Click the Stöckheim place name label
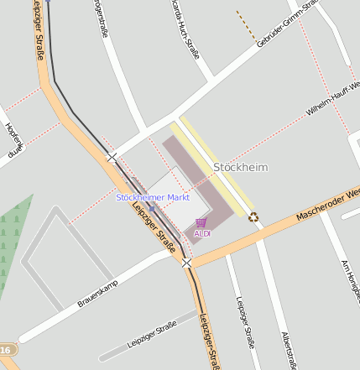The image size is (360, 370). click(241, 167)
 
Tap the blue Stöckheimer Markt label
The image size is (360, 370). click(153, 197)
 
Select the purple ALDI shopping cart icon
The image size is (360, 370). click(201, 223)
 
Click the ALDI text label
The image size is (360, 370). click(202, 233)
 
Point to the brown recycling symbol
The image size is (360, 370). click(253, 217)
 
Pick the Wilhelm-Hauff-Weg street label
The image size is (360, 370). click(332, 99)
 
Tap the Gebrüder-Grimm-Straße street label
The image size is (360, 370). click(287, 23)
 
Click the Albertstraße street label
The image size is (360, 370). click(289, 349)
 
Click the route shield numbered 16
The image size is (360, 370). click(7, 349)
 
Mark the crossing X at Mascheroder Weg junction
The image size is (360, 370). click(187, 263)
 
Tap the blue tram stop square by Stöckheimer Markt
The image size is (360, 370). click(151, 206)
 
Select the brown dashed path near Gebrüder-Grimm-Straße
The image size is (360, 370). click(246, 27)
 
